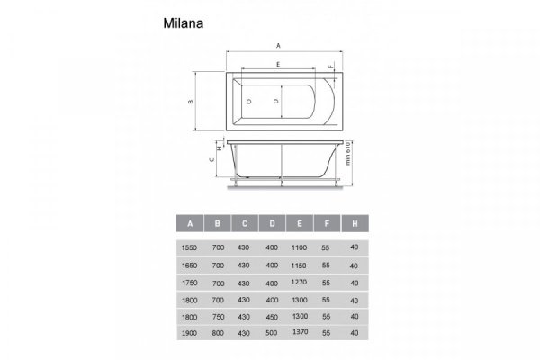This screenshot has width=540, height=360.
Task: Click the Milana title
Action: pos(184,23)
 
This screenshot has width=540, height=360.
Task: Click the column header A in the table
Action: pos(190,223)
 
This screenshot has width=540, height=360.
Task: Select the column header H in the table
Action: pos(355,223)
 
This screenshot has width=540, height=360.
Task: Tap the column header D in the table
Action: pos(272,223)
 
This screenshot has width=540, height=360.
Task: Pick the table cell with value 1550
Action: pos(189,247)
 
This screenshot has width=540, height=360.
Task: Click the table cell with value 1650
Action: pos(189,265)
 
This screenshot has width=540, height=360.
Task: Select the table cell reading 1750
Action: pos(189,283)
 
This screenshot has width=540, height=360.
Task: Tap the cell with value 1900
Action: pos(189,333)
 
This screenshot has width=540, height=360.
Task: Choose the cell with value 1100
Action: pos(299,247)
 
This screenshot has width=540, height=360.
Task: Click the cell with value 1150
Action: pos(299,265)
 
